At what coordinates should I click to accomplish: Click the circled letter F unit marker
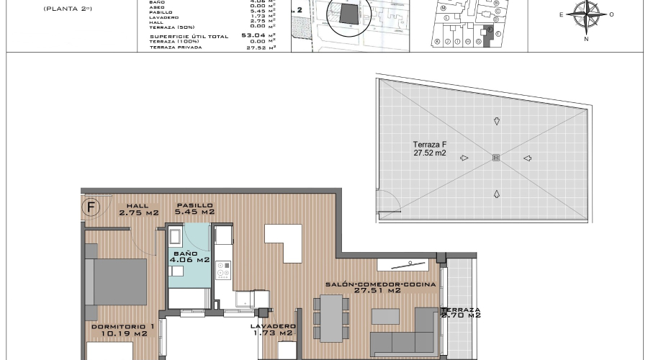(x=91, y=208)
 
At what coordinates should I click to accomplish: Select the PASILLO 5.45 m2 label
(x=196, y=209)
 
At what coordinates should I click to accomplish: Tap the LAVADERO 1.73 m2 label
(x=273, y=329)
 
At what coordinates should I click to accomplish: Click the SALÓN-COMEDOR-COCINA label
(x=381, y=287)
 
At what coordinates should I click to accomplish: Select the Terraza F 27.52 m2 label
(x=430, y=148)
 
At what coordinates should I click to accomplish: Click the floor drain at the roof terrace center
(x=495, y=158)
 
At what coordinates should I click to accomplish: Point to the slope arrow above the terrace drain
(x=495, y=121)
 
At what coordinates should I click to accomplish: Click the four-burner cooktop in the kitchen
(x=223, y=269)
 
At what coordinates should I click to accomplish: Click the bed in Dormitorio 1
(x=117, y=280)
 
